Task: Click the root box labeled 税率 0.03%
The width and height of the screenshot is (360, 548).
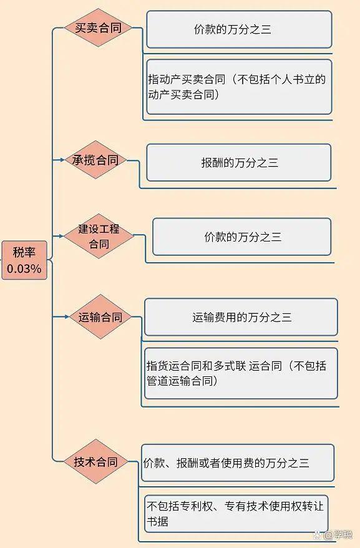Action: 24,260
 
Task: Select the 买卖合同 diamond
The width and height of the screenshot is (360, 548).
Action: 98,27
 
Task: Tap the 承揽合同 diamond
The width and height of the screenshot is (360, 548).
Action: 95,160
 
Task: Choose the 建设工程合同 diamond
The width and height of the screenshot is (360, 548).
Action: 99,236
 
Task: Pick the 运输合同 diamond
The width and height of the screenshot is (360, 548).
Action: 100,316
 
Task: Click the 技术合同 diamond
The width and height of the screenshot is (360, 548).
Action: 95,461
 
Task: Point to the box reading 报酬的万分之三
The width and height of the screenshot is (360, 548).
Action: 239,162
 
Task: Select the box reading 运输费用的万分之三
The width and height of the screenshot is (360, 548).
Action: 241,317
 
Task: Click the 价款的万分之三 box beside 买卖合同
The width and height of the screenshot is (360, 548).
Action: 239,29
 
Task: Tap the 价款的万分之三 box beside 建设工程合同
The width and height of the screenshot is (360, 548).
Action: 242,237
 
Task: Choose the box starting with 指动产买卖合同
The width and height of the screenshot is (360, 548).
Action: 239,87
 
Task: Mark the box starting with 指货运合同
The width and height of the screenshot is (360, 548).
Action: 241,373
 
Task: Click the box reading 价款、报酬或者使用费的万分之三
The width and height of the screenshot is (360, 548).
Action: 238,462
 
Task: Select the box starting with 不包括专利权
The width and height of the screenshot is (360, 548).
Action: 236,514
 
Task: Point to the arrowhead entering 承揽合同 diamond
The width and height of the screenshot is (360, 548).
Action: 62,160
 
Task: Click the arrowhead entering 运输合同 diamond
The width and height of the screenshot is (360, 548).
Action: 67,316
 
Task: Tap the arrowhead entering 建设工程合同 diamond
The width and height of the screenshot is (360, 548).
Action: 61,236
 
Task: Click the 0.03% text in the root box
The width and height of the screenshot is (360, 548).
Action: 24,269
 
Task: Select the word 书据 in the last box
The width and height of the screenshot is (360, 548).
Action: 158,521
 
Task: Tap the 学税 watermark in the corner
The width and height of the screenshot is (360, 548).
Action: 338,535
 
